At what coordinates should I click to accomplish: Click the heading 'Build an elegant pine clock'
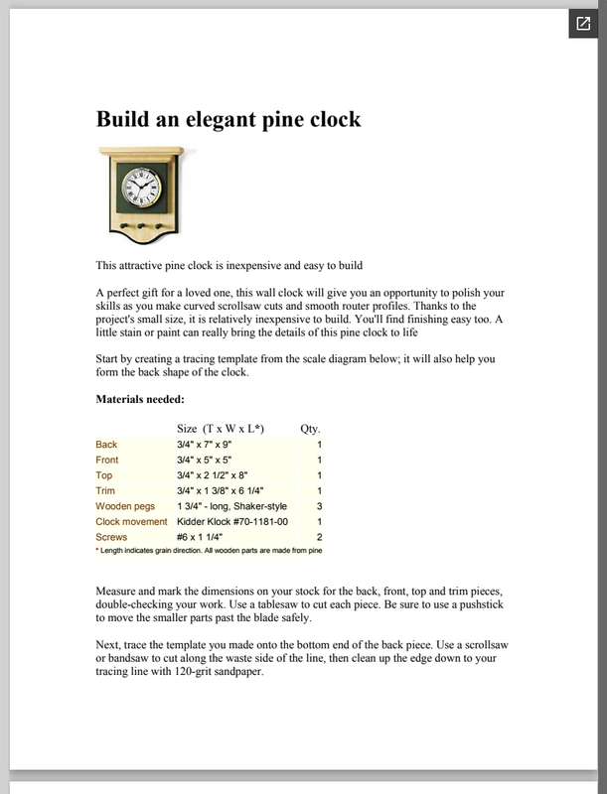click(x=228, y=120)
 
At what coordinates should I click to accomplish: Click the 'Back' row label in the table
click(x=106, y=445)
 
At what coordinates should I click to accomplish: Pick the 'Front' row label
click(x=107, y=461)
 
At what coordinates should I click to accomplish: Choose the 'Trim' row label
click(x=106, y=490)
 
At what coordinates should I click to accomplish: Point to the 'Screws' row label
click(x=111, y=536)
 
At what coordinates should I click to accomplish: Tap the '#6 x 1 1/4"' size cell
click(x=207, y=536)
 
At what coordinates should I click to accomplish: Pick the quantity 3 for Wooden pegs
click(x=319, y=505)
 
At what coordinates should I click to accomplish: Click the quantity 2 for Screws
click(x=319, y=536)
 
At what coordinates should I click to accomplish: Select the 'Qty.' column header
click(x=310, y=428)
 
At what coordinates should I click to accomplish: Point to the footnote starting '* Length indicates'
click(x=210, y=549)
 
